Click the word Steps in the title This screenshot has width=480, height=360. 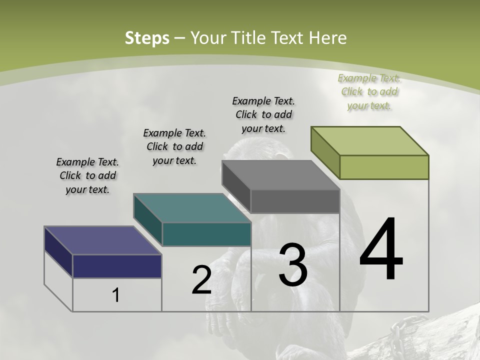point(147,38)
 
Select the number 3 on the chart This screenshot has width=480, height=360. point(293,265)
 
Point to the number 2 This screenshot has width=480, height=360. point(201,280)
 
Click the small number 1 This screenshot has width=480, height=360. point(116,295)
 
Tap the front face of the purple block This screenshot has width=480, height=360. point(117,266)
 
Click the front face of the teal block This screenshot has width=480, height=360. point(206,234)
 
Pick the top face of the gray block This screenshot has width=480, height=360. point(280,175)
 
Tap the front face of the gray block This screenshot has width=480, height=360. point(295,201)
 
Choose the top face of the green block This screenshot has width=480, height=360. point(370,140)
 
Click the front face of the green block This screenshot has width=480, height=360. point(384,167)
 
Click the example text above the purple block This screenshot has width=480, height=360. point(87,175)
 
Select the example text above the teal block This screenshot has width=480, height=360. point(174,146)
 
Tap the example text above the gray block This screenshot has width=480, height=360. point(263,114)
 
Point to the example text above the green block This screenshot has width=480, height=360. point(369,91)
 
